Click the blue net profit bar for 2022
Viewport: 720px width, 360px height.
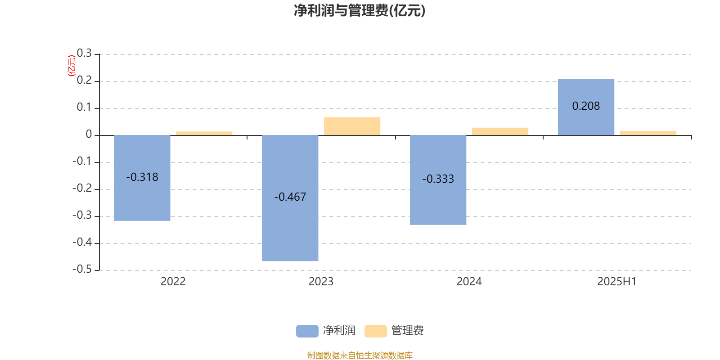pos(142,178)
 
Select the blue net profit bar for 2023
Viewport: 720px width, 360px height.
pos(290,198)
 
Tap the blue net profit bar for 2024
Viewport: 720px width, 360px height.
pos(438,180)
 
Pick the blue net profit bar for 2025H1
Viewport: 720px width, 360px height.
pos(586,107)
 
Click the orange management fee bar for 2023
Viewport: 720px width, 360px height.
pos(352,126)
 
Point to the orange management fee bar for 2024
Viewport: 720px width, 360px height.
pos(500,131)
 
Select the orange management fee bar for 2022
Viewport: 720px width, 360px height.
pos(204,133)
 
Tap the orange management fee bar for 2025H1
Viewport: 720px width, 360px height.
pos(648,133)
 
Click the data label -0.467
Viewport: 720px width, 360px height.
pos(290,197)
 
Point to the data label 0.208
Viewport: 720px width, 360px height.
pos(586,106)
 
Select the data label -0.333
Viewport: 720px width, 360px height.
pos(438,179)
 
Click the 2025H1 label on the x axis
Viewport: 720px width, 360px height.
pos(617,282)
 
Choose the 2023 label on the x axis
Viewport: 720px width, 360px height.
pos(321,282)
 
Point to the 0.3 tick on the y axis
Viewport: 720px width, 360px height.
pos(84,53)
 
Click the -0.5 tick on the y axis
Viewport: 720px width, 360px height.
pos(82,269)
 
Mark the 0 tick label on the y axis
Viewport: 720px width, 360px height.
pos(89,134)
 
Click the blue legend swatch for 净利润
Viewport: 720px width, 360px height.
pos(307,331)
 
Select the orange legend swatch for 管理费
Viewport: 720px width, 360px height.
pos(375,331)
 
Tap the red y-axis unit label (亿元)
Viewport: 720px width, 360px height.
pos(72,66)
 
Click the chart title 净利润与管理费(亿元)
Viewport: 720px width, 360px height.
pos(360,10)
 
